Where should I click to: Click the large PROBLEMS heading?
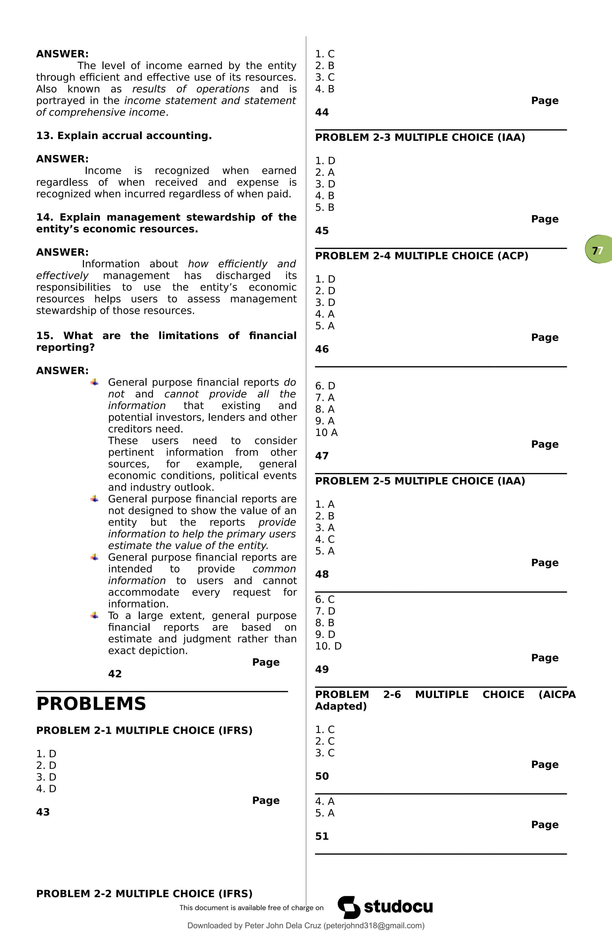[91, 704]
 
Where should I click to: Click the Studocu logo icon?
[349, 907]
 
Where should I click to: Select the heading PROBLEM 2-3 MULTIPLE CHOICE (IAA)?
[420, 137]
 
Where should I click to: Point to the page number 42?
[115, 674]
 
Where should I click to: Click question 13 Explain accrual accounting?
[124, 136]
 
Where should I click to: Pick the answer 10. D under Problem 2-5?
[328, 646]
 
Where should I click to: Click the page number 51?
[322, 836]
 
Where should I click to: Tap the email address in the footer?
[374, 926]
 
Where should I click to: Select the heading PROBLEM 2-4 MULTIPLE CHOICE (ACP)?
[421, 256]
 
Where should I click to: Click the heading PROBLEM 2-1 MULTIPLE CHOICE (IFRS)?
[144, 730]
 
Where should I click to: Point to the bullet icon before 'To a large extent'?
[94, 615]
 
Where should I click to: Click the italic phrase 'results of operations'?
[190, 89]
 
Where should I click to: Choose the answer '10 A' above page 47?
[326, 433]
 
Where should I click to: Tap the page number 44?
[322, 112]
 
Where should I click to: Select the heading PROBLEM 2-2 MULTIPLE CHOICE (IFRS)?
[144, 894]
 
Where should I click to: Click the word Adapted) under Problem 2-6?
[341, 706]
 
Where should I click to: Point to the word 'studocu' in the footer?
[398, 907]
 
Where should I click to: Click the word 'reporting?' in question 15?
[65, 347]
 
